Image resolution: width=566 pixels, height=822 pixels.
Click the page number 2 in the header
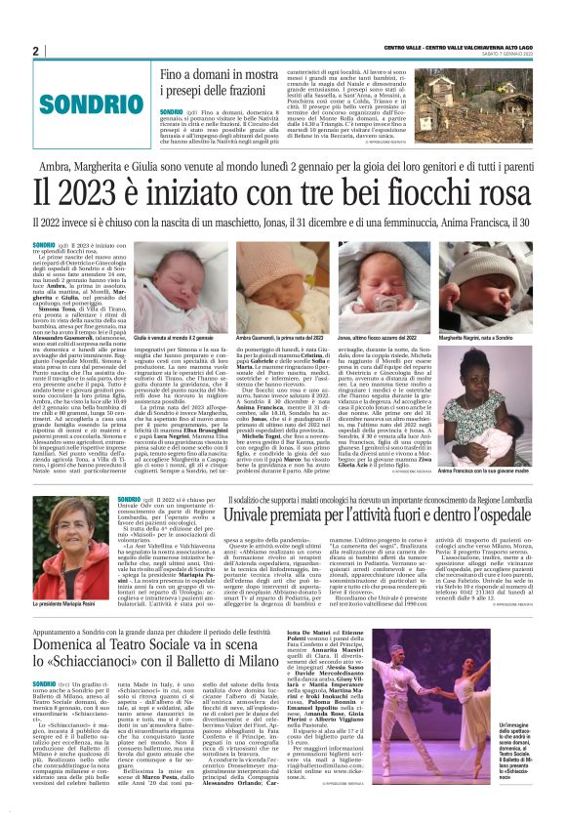point(35,51)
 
